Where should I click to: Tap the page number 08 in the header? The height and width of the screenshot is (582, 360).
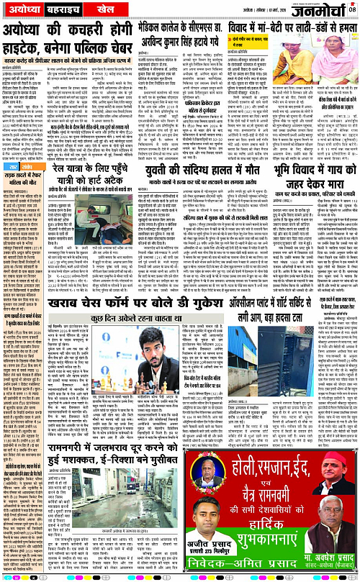352,9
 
